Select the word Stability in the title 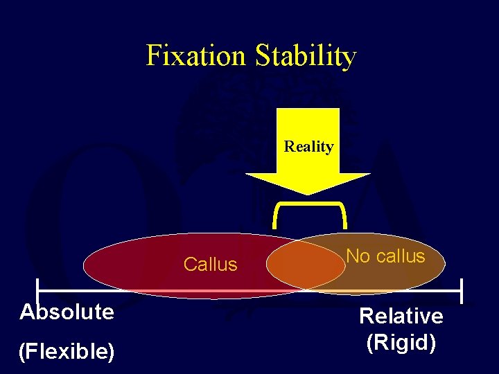point(306,56)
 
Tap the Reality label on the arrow point(308,147)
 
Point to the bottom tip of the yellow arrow point(308,194)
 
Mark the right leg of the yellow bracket point(343,216)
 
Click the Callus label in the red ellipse point(211,265)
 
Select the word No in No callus point(358,256)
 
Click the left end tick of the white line point(37,290)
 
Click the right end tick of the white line point(461,290)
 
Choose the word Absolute point(67,312)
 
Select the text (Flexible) point(67,352)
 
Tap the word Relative point(401,317)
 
